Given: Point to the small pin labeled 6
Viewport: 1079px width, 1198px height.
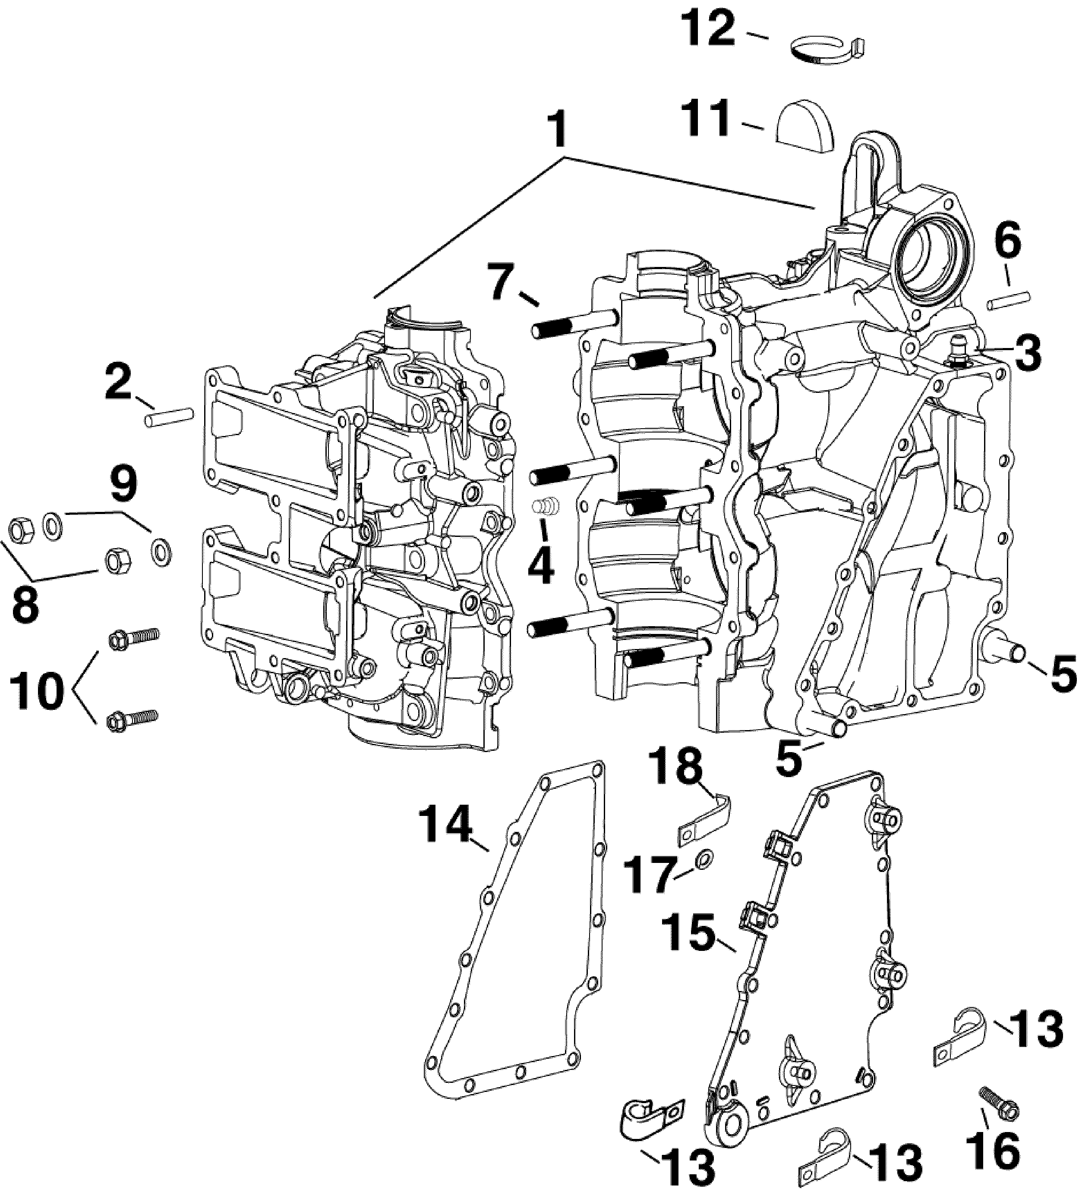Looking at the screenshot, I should (1010, 300).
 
